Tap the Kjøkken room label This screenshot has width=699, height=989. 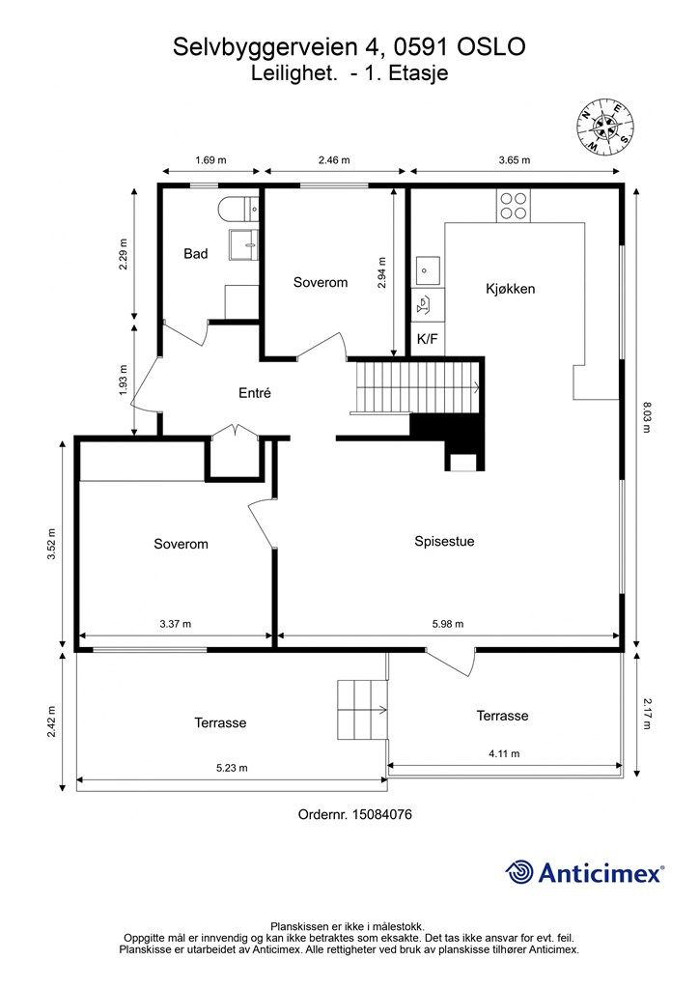(x=511, y=289)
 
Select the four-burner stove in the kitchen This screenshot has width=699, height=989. (x=513, y=206)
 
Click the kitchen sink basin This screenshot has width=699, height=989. (x=428, y=271)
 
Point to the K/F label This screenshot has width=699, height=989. (x=428, y=339)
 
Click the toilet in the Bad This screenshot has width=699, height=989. (x=238, y=209)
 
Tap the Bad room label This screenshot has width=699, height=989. (x=195, y=254)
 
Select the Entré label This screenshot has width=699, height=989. (x=255, y=393)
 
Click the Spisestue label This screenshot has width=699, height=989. (x=444, y=541)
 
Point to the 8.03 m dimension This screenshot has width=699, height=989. (x=646, y=417)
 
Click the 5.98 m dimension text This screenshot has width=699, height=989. (x=448, y=624)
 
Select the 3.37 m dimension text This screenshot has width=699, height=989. (x=175, y=624)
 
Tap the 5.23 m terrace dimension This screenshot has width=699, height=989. (x=232, y=768)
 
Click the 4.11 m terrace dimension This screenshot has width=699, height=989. (x=504, y=753)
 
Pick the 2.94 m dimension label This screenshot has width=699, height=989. (x=381, y=272)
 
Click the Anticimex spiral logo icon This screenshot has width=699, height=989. (x=520, y=872)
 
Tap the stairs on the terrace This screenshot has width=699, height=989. (x=362, y=710)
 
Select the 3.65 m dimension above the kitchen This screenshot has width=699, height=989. (x=515, y=159)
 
